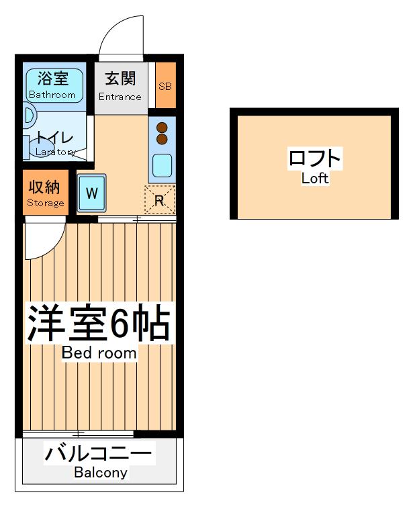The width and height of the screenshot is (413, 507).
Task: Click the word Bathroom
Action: click(52, 95)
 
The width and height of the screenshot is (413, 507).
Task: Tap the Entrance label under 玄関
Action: click(120, 96)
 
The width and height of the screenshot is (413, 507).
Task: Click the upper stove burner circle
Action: click(162, 126)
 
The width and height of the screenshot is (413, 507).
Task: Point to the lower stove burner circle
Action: click(162, 138)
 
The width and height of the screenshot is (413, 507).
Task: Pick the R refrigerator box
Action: click(160, 199)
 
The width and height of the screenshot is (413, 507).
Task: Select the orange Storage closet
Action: click(46, 193)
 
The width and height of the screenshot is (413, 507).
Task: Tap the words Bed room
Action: click(99, 353)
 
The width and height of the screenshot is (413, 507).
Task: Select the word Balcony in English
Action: click(100, 473)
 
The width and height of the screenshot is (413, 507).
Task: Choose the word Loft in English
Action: click(314, 179)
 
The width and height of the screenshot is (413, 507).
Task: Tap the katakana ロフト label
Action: click(314, 160)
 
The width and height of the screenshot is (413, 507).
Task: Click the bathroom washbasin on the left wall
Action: click(29, 116)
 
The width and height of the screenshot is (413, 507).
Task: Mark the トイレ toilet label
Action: click(55, 138)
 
